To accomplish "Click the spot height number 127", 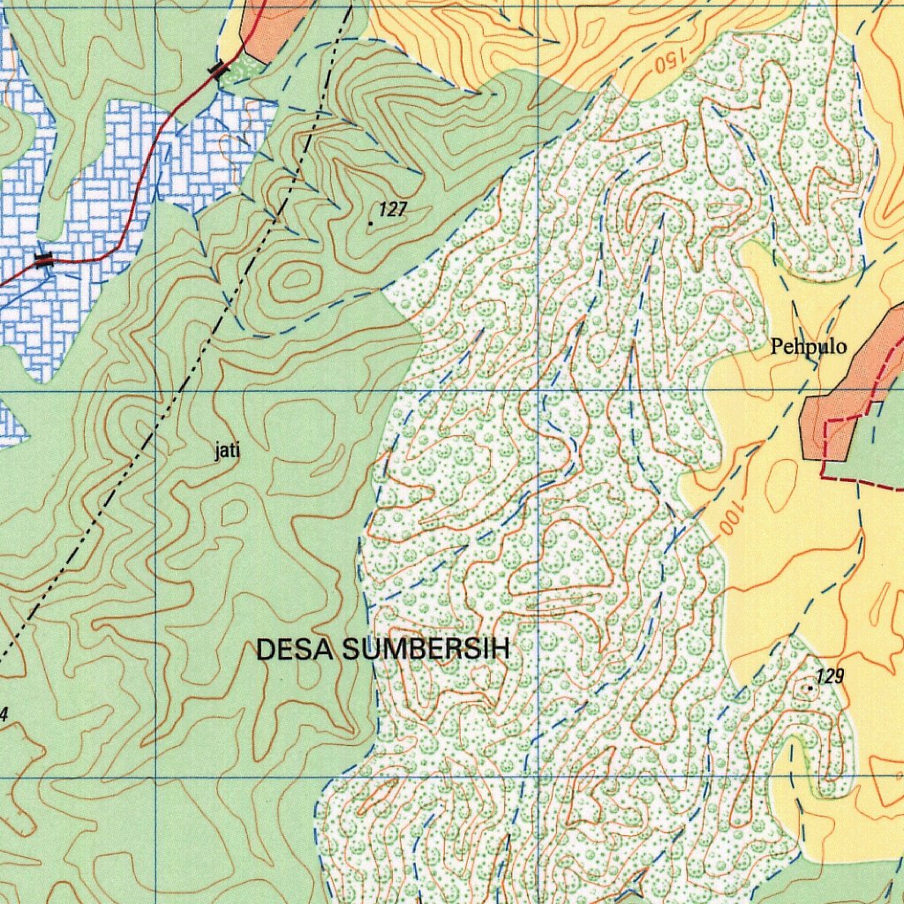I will tap(393, 209).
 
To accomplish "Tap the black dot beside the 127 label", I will tap(370, 224).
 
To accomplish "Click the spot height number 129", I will tap(830, 676).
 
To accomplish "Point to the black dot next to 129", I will tap(810, 687).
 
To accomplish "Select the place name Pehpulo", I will tap(809, 347).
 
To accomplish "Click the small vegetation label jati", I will tap(228, 452).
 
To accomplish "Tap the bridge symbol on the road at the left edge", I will tap(43, 259).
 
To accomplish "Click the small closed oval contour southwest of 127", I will tap(295, 280).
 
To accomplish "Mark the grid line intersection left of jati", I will tap(157, 389).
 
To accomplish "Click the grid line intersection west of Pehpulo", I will tap(539, 389).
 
